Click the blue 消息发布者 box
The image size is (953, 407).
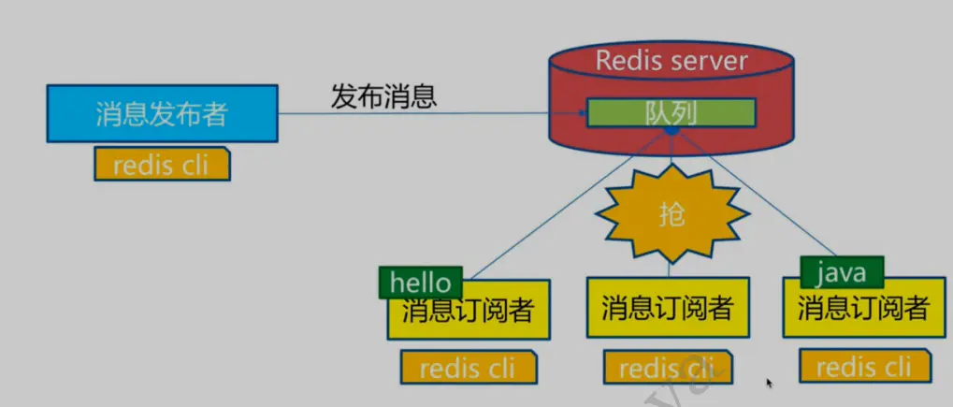tap(162, 113)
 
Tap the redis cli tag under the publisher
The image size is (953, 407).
tap(162, 165)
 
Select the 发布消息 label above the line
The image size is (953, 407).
tap(384, 95)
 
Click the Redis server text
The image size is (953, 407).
tap(671, 62)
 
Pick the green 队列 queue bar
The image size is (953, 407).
tap(671, 112)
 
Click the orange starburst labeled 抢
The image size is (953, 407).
tap(671, 215)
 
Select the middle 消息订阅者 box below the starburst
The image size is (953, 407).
tap(667, 307)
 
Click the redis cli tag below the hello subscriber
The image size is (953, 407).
tap(469, 368)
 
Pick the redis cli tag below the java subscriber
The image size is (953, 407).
tap(864, 366)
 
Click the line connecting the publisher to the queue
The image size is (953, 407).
tap(421, 114)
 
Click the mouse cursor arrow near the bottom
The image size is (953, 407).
tap(770, 383)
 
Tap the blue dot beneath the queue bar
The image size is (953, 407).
tap(671, 130)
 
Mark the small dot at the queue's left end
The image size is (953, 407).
tap(581, 114)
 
